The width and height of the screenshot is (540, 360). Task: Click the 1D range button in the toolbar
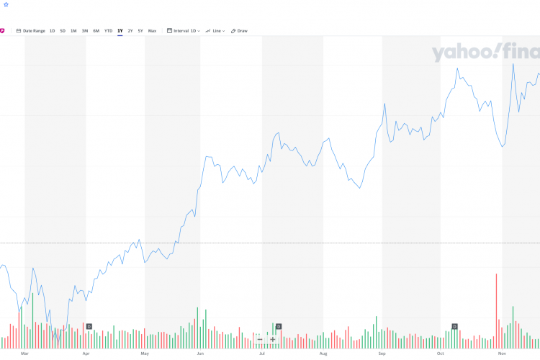pos(52,31)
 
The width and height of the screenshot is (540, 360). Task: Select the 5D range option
pos(63,31)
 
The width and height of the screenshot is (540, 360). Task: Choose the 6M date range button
pos(96,31)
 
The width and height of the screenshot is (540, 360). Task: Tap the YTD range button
pos(108,31)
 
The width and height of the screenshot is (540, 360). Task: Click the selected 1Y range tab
pos(120,31)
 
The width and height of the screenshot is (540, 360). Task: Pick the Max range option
pos(152,31)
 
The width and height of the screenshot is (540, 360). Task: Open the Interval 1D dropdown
pos(183,31)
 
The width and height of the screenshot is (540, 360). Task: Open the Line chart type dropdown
pos(215,31)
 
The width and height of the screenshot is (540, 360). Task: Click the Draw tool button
pos(239,31)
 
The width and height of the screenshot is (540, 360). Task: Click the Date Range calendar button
pos(31,31)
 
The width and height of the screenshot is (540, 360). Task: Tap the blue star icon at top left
pos(6,4)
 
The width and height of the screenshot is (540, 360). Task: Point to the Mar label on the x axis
pos(24,354)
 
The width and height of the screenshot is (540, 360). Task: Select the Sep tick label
pos(382,354)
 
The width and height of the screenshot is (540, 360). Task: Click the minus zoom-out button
pos(260,339)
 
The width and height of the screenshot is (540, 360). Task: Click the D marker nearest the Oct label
pos(454,327)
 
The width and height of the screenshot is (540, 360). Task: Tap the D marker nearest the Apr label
pos(89,327)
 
